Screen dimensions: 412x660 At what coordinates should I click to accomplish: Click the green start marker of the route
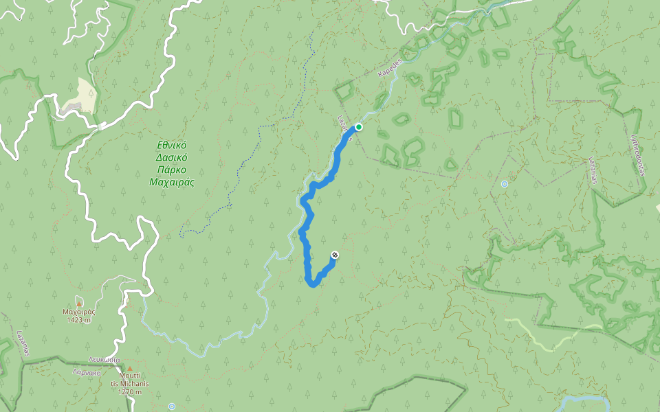359,127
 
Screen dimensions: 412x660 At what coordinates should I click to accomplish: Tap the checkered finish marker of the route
334,255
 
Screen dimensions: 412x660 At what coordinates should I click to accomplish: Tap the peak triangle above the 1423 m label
79,303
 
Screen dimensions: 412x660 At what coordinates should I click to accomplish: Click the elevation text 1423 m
79,320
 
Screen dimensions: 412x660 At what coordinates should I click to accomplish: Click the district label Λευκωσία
104,360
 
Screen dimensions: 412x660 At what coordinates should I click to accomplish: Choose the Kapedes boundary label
388,68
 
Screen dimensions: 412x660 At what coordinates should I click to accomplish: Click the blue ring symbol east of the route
505,184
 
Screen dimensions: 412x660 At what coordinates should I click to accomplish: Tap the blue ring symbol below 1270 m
172,407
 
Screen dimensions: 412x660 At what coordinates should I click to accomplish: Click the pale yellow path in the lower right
543,336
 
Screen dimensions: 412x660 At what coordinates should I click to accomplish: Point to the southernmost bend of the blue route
313,285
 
